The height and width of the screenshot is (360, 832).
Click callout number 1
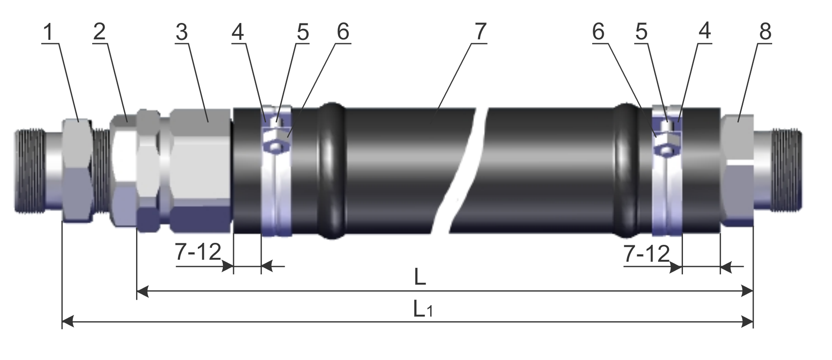coord(49,32)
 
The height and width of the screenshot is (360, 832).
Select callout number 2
coord(99,32)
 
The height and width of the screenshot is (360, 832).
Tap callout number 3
coord(181,32)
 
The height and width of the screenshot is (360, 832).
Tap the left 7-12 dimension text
coord(198,252)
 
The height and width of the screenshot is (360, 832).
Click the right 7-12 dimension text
coord(647,254)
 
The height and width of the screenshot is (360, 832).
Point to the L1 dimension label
coord(423,310)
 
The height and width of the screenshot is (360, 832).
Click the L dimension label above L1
coord(420,277)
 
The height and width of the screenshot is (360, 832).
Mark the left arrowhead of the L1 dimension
coord(68,322)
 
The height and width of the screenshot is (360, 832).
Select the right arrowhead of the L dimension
coord(747,291)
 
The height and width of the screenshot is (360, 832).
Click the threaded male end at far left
coord(30,171)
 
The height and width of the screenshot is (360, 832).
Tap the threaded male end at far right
coord(787,170)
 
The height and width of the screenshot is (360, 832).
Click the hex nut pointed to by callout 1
coord(77,171)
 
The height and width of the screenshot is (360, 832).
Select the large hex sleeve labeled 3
coord(201,171)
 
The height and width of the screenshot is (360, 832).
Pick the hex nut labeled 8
coord(737,171)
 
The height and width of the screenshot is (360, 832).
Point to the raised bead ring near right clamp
coord(627,171)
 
